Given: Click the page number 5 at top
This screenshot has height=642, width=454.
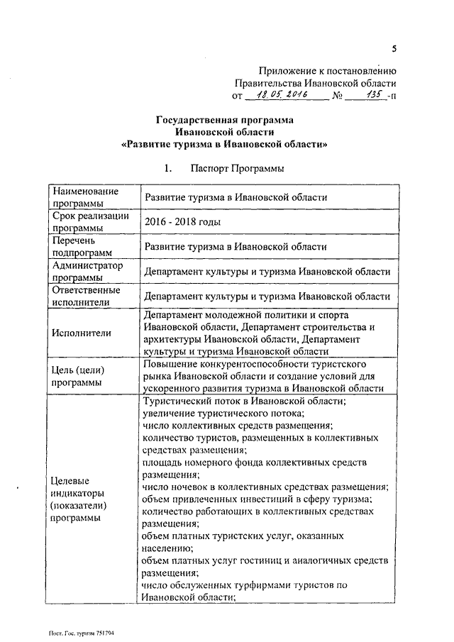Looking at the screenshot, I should tap(394, 48).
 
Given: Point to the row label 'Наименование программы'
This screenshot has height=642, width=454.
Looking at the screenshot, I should tap(84, 198).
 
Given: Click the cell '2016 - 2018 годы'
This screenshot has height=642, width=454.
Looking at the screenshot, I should tap(182, 222).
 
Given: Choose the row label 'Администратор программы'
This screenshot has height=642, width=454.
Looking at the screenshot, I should tap(87, 272).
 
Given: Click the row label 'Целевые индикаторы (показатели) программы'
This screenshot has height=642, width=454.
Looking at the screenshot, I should tap(79, 499).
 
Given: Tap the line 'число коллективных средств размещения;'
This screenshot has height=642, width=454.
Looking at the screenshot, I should tap(237, 425).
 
